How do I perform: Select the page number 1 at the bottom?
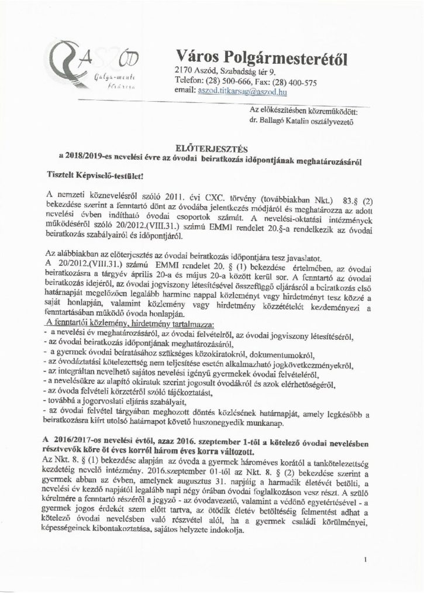(x=366, y=559)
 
